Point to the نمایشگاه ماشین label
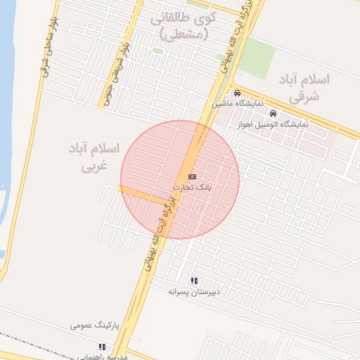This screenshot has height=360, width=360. point(238,103)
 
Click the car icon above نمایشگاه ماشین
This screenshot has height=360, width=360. point(237,93)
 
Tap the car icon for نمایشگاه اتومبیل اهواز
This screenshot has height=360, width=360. point(273,114)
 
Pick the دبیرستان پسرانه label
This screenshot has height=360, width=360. point(195,290)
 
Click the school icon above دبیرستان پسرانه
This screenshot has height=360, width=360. point(195,280)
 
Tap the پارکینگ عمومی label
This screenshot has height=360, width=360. point(96,326)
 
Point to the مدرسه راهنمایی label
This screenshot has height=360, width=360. point(100,355)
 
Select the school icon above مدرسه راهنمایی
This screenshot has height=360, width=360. point(102,346)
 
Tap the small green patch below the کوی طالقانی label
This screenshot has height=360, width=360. point(158,51)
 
